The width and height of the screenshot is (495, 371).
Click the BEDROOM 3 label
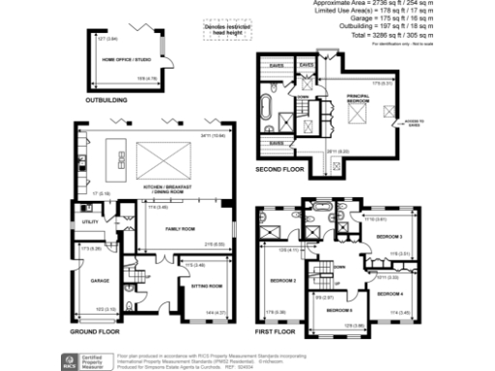tap(389, 237)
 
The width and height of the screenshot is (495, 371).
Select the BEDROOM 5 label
tap(338, 311)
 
